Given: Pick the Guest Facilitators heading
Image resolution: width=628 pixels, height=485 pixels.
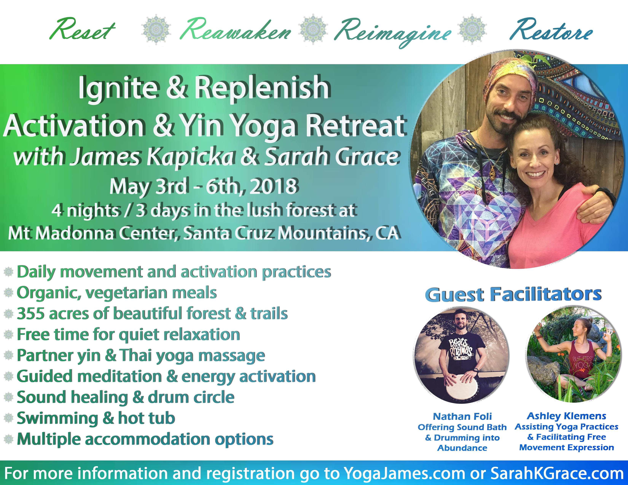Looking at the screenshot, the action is point(513,294).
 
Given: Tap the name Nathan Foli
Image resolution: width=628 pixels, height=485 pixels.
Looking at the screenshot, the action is point(462,416).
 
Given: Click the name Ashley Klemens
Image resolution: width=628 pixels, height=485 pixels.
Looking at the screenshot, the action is point(567,416).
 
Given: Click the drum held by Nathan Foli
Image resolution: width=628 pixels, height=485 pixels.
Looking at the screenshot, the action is point(462,388).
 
